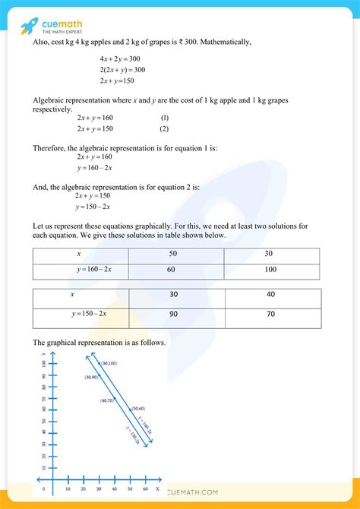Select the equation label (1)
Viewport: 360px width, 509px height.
164,118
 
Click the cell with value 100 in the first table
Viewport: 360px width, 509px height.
272,269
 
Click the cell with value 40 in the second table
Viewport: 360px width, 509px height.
273,295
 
